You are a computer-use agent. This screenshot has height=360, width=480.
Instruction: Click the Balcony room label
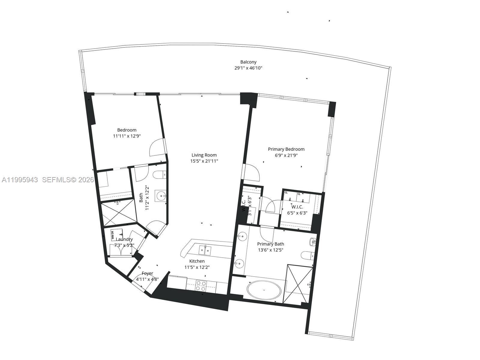tap(248, 62)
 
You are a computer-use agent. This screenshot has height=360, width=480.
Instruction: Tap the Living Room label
tap(204, 155)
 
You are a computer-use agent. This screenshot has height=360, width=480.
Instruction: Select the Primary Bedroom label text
tap(286, 149)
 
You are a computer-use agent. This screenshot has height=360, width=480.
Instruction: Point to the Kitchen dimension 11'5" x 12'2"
tap(197, 267)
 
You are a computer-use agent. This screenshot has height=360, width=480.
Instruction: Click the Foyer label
tap(147, 273)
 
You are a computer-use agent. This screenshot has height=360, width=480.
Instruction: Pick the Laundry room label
tap(124, 239)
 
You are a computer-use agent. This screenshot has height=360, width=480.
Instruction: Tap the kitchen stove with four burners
tap(201, 286)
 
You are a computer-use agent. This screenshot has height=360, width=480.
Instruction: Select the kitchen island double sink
tap(205, 249)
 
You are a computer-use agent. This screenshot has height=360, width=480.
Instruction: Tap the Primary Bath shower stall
tap(299, 284)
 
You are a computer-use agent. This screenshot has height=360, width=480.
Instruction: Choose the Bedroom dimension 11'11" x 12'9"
tap(127, 136)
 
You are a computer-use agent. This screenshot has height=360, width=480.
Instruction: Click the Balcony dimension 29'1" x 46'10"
tap(248, 68)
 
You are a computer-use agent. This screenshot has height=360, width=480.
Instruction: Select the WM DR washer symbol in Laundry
tap(117, 233)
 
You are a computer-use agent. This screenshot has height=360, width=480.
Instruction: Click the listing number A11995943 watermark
tap(20, 180)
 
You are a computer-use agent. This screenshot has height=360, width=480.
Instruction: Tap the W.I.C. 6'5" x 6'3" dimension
tap(297, 213)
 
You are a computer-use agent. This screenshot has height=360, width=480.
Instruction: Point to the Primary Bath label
tap(270, 244)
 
